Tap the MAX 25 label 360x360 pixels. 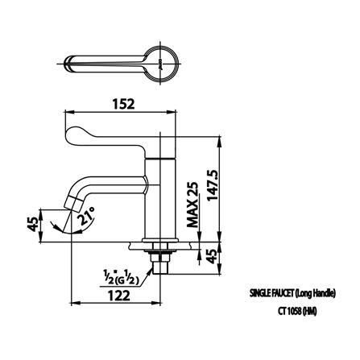192,205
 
